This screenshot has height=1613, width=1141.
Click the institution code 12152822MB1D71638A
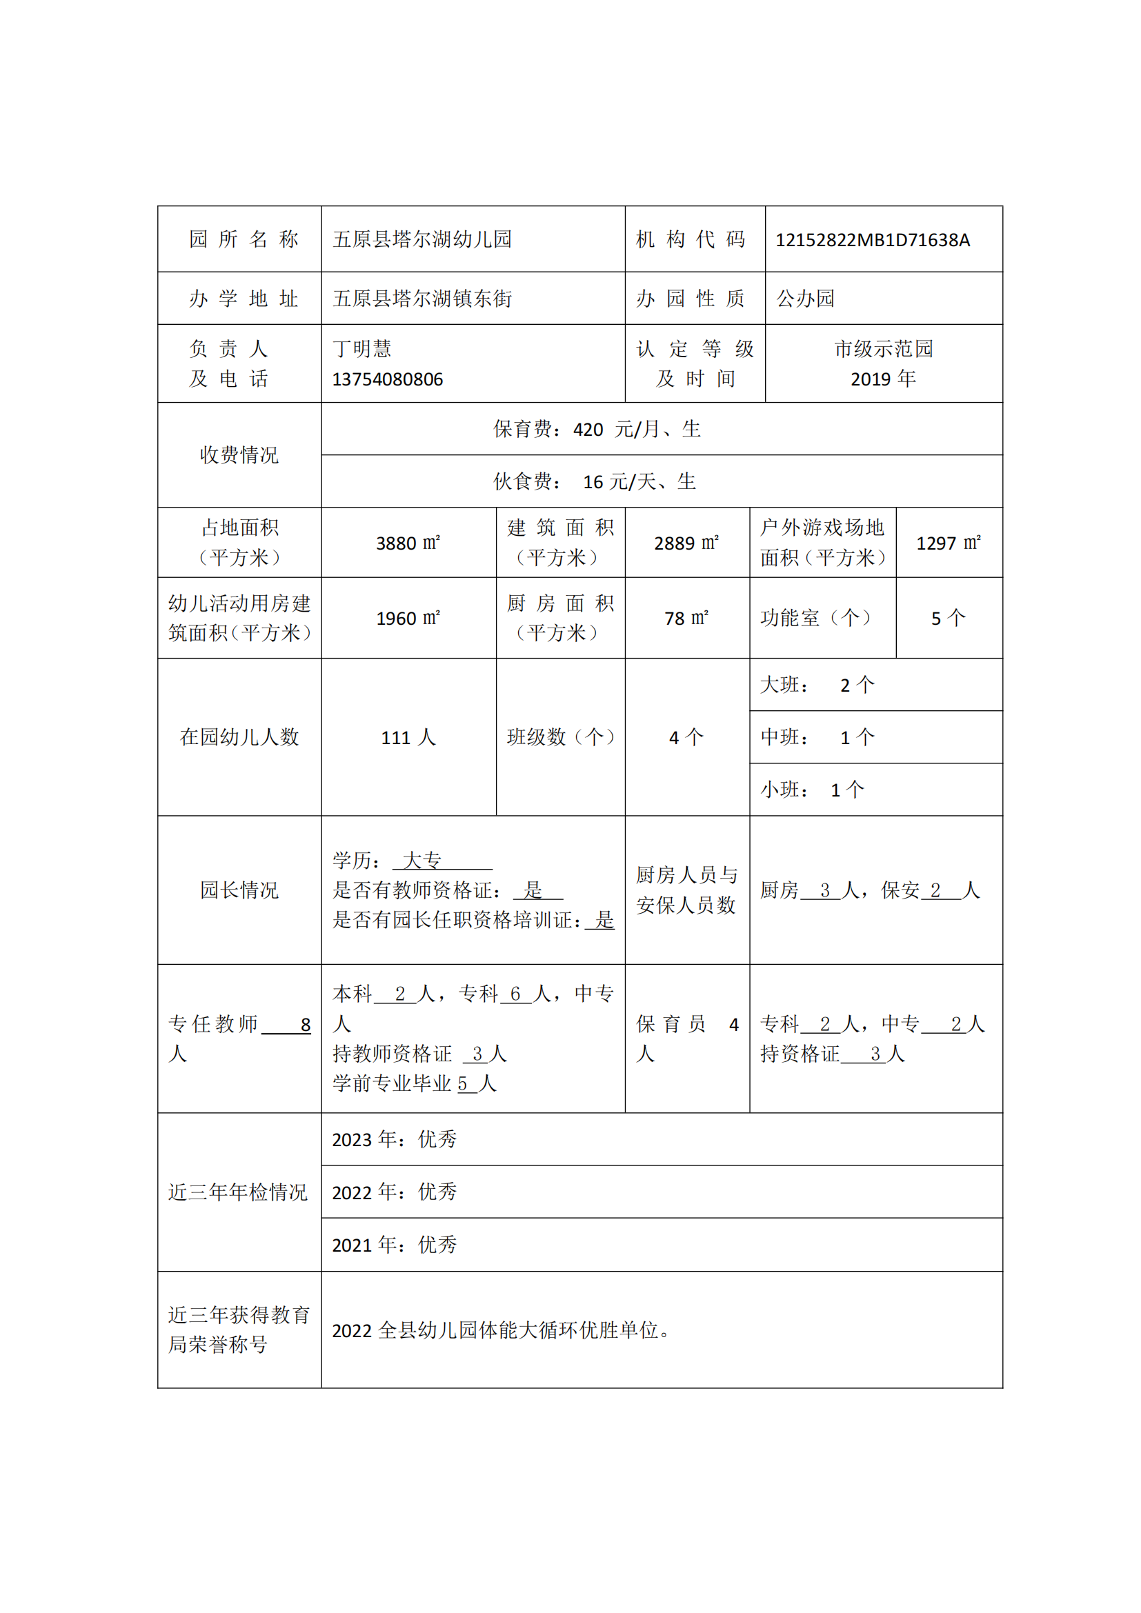[872, 240]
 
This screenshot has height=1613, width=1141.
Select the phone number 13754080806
[387, 379]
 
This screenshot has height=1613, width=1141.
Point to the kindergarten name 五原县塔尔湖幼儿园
[421, 239]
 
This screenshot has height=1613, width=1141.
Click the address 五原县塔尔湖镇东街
[421, 299]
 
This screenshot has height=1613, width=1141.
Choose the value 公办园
[805, 299]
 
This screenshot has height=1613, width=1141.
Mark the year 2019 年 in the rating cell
[882, 379]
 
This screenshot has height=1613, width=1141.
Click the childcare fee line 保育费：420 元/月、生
[597, 429]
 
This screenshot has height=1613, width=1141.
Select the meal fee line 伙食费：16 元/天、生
[595, 481]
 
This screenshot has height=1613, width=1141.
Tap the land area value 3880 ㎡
[408, 543]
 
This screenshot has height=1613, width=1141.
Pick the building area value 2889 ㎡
[686, 543]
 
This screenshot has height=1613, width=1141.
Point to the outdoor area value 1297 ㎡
[948, 543]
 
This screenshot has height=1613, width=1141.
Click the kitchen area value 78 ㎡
[686, 618]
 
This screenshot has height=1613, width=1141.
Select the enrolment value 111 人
[408, 738]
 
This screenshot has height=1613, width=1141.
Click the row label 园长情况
[239, 890]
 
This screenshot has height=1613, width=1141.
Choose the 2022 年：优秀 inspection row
[394, 1192]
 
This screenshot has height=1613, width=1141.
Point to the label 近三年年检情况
[238, 1192]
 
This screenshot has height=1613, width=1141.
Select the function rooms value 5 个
[948, 618]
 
